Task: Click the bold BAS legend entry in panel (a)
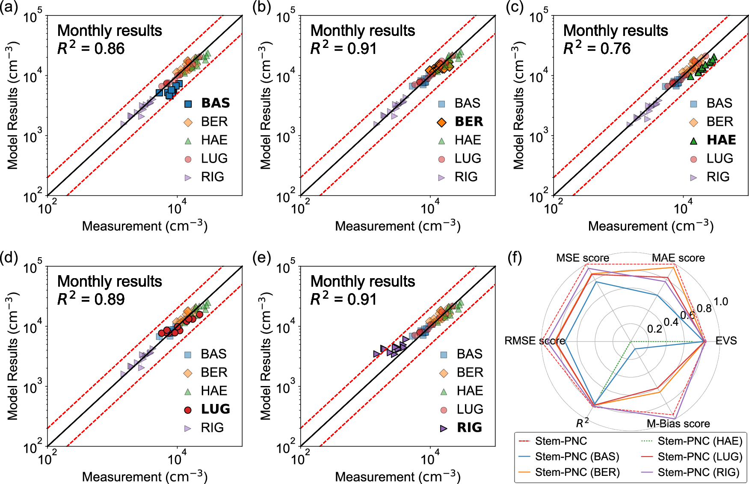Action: tap(215, 103)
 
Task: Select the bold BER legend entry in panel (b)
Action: tap(468, 122)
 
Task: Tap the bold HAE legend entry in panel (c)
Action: tap(721, 140)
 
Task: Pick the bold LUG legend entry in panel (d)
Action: tap(215, 409)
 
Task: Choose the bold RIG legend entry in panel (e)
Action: tap(469, 428)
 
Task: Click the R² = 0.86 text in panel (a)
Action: tap(91, 48)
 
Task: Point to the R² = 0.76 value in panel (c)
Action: tap(597, 48)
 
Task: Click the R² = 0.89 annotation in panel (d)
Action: tap(91, 299)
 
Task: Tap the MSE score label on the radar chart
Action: tap(582, 258)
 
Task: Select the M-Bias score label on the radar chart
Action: tap(678, 424)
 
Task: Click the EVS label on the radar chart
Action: tap(726, 341)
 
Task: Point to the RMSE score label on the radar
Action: tap(535, 341)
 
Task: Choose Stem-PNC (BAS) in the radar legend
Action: tap(577, 457)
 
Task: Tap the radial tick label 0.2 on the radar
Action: tap(654, 329)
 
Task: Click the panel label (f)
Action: tap(515, 258)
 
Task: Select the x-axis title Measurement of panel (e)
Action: tap(397, 477)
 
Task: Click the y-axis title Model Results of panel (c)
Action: tap(518, 106)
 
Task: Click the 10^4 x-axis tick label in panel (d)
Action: tap(177, 460)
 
